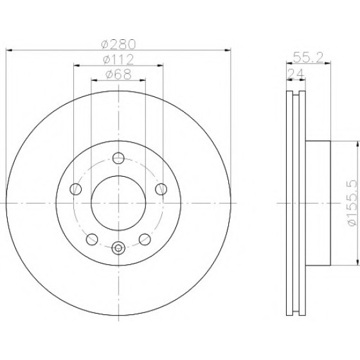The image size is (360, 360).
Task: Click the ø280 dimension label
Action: coord(119,44)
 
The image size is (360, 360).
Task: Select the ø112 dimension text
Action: coord(118,60)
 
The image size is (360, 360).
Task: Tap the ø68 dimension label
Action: coord(118,75)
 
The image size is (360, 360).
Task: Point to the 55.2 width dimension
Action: coord(308,58)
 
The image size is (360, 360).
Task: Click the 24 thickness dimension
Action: coord(296,74)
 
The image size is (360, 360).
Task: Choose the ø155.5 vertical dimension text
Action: coord(352,203)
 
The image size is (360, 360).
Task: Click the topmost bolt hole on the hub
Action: coord(118,158)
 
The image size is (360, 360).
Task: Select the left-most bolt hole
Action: coord(76,189)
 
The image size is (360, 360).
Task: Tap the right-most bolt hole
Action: coord(161,189)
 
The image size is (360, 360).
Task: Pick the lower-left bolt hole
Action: coord(92,239)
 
